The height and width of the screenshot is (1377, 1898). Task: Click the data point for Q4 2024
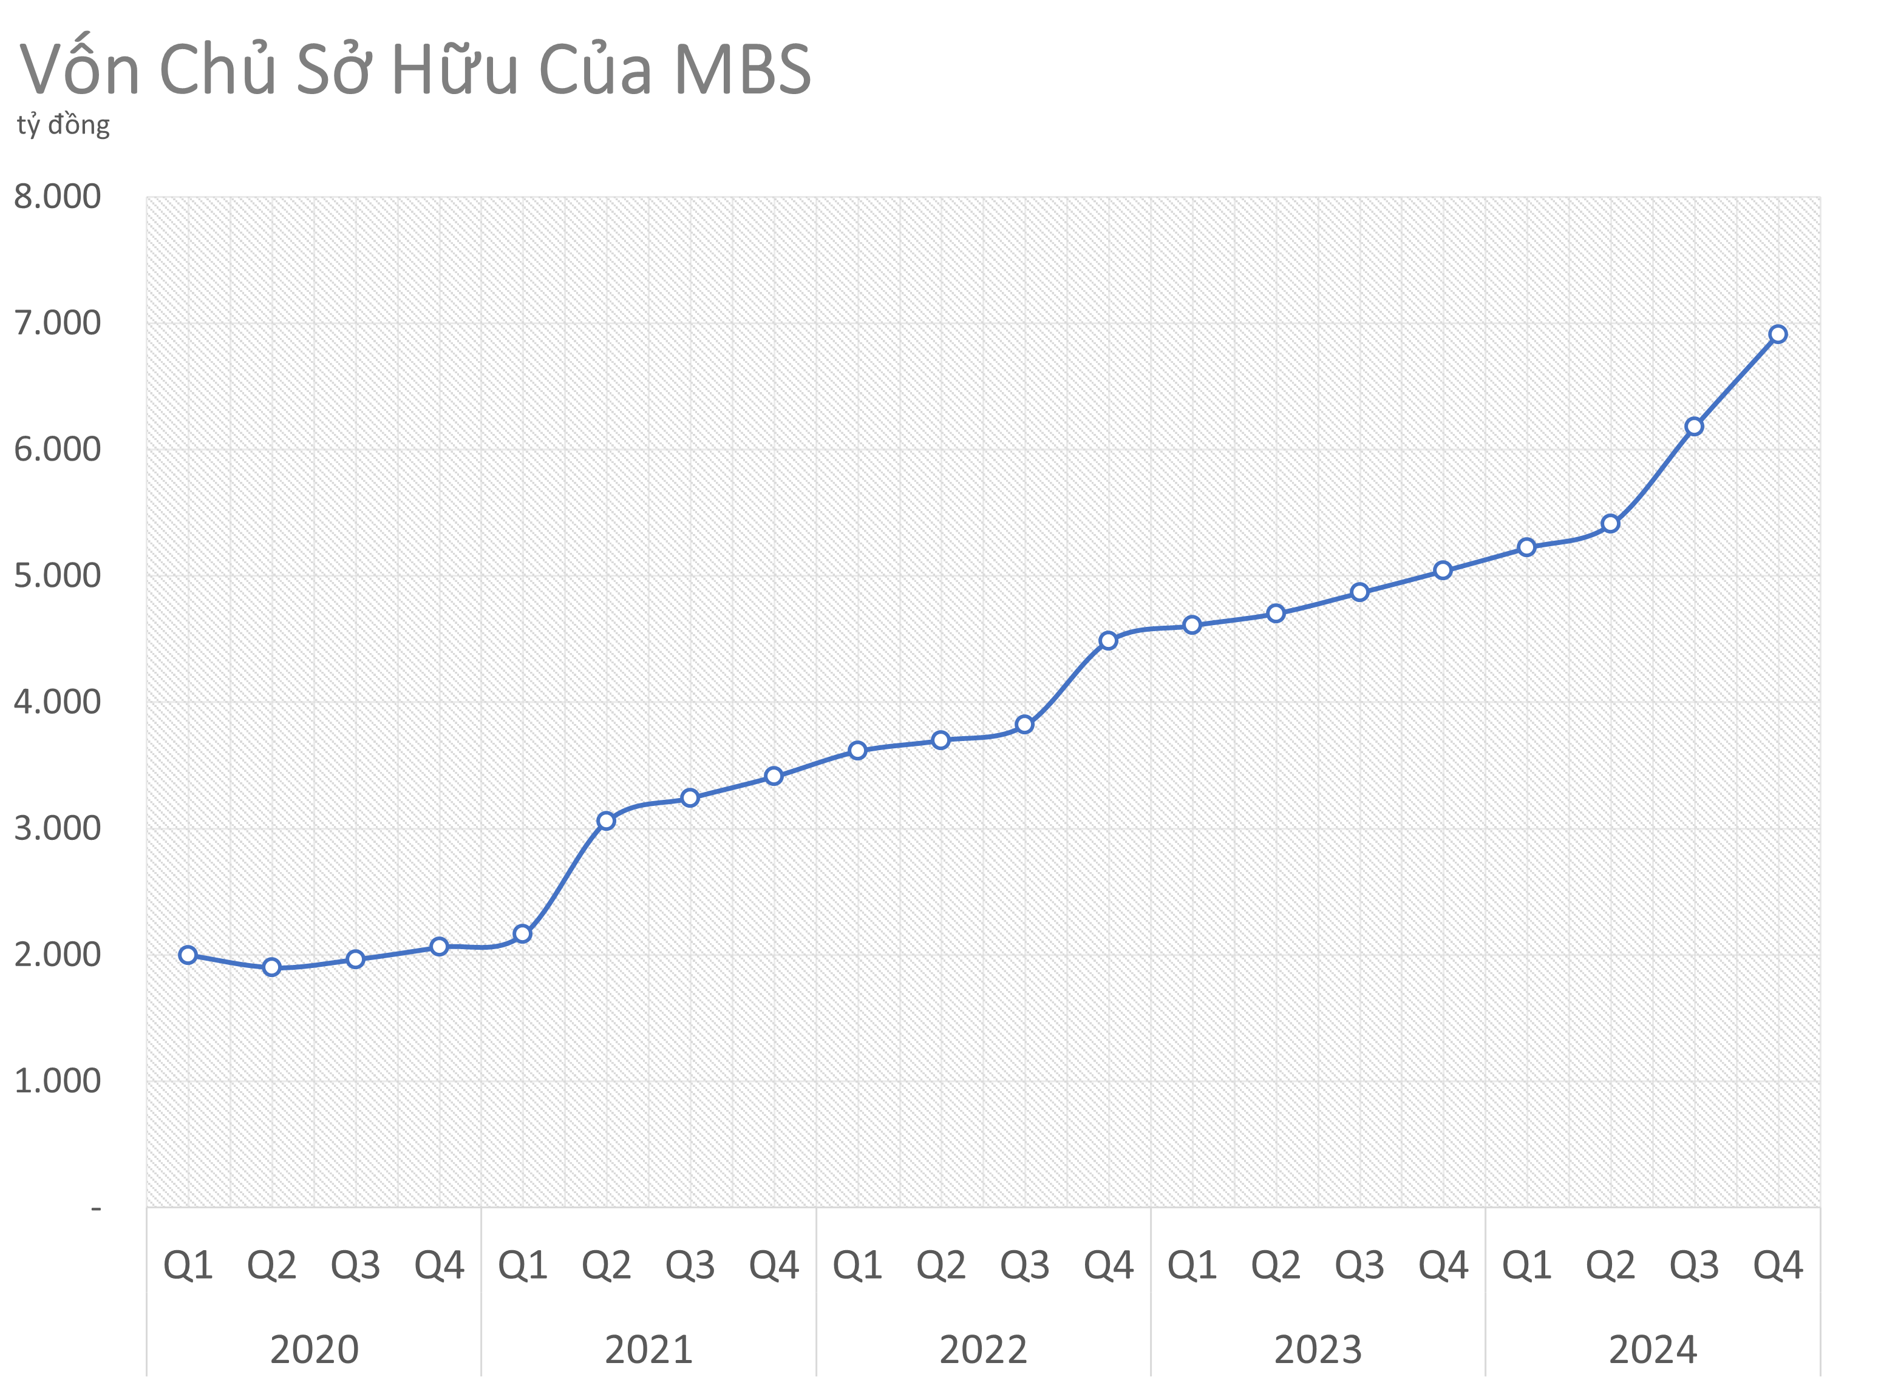point(1778,334)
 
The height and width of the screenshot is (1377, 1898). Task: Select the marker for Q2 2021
point(606,820)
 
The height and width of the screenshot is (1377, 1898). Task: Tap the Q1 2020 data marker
point(188,955)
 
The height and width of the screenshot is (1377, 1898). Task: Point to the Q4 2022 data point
point(1108,641)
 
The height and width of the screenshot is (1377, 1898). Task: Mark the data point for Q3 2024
point(1694,427)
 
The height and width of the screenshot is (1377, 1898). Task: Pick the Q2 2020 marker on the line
point(272,967)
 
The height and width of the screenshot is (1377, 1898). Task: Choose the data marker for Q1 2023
point(1192,625)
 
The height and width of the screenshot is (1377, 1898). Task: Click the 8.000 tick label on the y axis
point(57,197)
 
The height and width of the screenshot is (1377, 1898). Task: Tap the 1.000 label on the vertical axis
point(57,1081)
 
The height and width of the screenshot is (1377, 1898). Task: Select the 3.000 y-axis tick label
point(57,828)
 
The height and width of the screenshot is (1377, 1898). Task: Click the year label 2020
point(314,1348)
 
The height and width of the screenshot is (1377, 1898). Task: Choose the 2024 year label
point(1653,1348)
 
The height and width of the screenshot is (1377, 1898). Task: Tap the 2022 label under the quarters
point(984,1348)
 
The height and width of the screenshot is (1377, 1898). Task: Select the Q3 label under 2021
point(690,1265)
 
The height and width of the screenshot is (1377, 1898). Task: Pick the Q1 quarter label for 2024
point(1526,1265)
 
